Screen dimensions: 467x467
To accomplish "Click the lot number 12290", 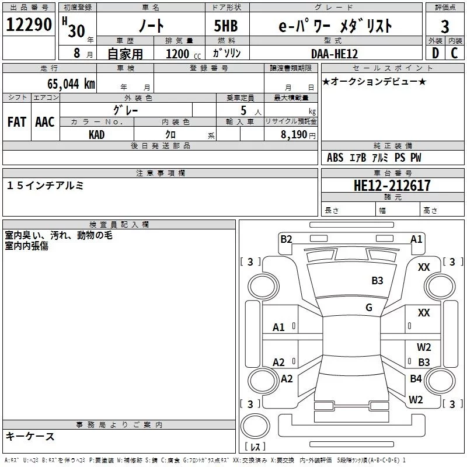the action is click(x=29, y=25).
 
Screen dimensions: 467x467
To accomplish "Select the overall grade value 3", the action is click(x=445, y=26).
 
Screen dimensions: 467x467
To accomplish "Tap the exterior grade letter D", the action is click(x=435, y=53).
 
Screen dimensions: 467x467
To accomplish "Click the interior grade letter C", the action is click(x=454, y=53).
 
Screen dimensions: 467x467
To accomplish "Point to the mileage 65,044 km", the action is click(x=71, y=83).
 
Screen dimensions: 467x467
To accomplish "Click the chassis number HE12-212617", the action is click(x=392, y=186).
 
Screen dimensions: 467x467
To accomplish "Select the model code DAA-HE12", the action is click(x=334, y=54).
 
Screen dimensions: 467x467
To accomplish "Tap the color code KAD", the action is click(x=96, y=135).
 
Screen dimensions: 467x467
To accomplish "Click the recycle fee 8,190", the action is click(x=294, y=135).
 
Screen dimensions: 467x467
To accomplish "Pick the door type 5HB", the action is click(x=226, y=26).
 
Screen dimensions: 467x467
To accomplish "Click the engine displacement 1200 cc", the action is click(x=183, y=54).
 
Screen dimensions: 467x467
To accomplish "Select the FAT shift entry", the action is click(x=17, y=122).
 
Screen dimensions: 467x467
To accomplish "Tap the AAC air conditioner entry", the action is click(x=45, y=122).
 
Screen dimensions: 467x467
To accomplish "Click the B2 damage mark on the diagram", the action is click(x=286, y=239).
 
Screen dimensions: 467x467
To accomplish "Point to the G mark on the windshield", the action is click(x=369, y=307).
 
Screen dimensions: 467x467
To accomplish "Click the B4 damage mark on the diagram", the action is click(x=416, y=378).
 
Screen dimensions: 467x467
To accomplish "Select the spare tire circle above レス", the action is click(x=255, y=426).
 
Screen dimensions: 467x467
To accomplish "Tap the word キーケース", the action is click(x=30, y=436).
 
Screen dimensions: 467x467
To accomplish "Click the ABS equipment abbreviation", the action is click(x=335, y=157).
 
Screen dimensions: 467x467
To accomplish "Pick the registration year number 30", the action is click(x=76, y=31).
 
